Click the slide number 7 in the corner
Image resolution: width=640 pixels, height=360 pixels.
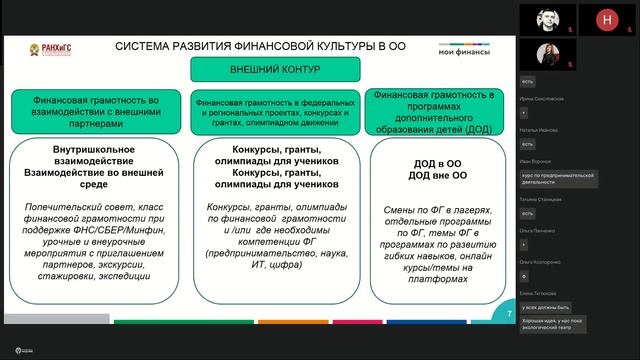510,314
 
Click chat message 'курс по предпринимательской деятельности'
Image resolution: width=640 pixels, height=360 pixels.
558,178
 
